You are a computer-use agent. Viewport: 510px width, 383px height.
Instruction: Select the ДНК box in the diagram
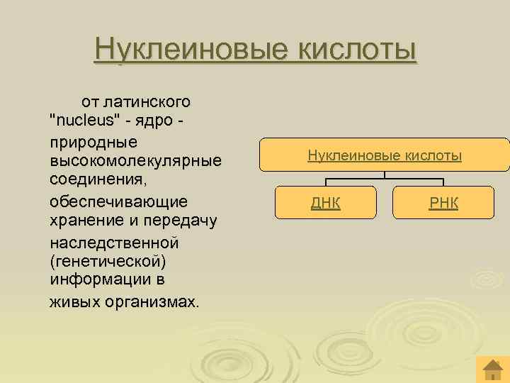(x=326, y=204)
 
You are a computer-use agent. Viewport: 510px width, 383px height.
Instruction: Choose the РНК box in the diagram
(x=444, y=204)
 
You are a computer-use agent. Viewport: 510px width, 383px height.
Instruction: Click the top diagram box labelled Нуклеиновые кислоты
(x=385, y=155)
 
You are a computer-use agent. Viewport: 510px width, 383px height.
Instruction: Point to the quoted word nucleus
(x=86, y=121)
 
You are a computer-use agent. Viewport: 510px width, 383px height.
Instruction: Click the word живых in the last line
(x=73, y=301)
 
